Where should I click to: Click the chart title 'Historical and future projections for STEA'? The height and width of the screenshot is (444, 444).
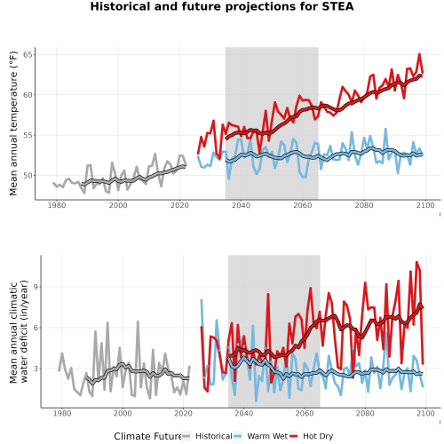pyautogui.click(x=222, y=6)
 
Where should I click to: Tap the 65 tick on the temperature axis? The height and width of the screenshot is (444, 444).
pyautogui.click(x=28, y=55)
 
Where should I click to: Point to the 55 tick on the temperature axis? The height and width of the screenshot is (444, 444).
pyautogui.click(x=28, y=135)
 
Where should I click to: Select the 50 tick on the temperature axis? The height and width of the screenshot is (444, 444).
pyautogui.click(x=28, y=176)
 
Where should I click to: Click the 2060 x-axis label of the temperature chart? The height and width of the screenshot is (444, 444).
pyautogui.click(x=303, y=205)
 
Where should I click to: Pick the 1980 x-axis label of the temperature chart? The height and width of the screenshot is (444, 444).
pyautogui.click(x=57, y=205)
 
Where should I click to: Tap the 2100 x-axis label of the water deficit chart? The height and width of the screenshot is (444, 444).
pyautogui.click(x=425, y=413)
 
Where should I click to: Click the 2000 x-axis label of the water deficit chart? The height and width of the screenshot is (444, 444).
pyautogui.click(x=123, y=413)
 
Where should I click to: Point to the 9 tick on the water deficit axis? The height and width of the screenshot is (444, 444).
pyautogui.click(x=36, y=287)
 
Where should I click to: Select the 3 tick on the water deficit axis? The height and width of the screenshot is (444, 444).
pyautogui.click(x=36, y=369)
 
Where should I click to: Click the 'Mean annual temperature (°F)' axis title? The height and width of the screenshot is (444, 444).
pyautogui.click(x=13, y=123)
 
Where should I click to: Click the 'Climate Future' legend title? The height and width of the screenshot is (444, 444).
pyautogui.click(x=147, y=436)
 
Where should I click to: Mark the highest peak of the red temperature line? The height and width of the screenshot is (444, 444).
pyautogui.click(x=419, y=54)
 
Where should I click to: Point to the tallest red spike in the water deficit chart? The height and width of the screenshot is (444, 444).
pyautogui.click(x=416, y=262)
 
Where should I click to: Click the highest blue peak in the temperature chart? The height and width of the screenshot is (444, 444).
pyautogui.click(x=385, y=129)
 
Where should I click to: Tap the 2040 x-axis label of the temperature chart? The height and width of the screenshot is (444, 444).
pyautogui.click(x=242, y=205)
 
